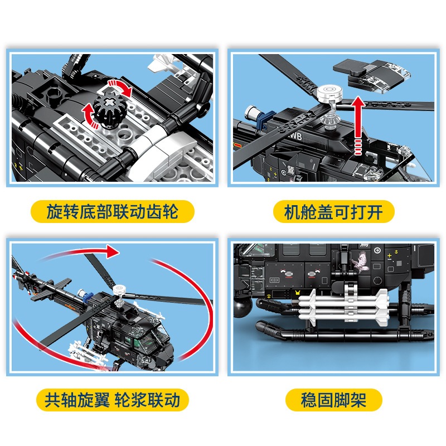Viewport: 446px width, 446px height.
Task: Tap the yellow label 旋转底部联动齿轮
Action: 113,212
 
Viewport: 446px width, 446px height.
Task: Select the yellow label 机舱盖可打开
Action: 333,212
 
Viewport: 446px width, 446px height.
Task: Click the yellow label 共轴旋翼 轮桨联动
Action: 113,400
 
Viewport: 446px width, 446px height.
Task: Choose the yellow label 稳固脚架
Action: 333,400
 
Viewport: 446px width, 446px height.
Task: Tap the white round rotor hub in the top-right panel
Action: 329,94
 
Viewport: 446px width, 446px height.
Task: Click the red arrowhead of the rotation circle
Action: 113,251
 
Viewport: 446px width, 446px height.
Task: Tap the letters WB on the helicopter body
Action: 296,137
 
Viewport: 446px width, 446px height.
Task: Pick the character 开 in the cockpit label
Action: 374,212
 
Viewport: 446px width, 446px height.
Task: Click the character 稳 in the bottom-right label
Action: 309,400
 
